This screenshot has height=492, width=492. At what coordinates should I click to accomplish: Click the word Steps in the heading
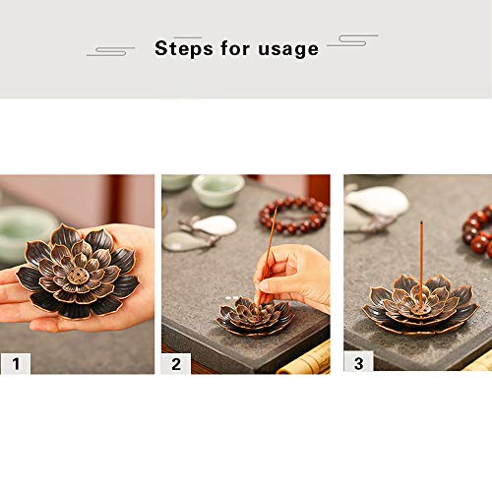click(x=184, y=48)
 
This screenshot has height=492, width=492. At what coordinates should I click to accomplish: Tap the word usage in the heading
click(x=288, y=50)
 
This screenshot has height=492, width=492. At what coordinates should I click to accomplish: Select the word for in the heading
click(x=235, y=48)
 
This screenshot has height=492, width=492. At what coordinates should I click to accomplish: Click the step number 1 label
click(x=16, y=363)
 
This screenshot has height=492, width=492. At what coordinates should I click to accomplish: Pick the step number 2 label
click(x=176, y=364)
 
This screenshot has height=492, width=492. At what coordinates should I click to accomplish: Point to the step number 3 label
click(x=358, y=363)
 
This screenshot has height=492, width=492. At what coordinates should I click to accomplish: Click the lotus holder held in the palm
click(x=78, y=272)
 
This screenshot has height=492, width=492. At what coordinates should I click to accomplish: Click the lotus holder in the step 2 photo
click(x=255, y=317)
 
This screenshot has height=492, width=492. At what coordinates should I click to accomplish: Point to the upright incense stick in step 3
click(x=421, y=265)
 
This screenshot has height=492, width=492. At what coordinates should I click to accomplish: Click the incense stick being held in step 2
click(x=268, y=256)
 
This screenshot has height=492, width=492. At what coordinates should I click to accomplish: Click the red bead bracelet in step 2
click(x=294, y=215)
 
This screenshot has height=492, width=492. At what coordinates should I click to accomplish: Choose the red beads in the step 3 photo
click(x=478, y=230)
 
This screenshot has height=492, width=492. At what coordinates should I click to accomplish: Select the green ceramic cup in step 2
click(x=218, y=191)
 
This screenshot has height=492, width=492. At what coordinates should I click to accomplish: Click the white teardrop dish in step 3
click(x=377, y=201)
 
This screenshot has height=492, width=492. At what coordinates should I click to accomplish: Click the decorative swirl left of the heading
click(x=110, y=51)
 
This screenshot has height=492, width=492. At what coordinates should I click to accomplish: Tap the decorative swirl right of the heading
click(x=353, y=40)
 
